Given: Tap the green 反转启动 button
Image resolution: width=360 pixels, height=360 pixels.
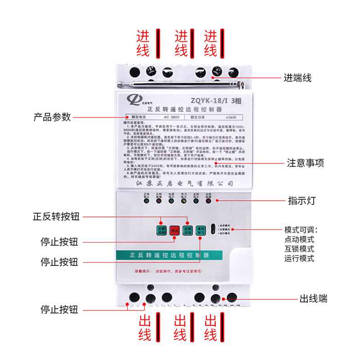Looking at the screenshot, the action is pyautogui.click(x=187, y=230).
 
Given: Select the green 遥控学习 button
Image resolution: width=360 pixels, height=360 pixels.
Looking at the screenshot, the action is pyautogui.click(x=200, y=230).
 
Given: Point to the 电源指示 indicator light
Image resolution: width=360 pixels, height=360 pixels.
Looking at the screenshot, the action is pyautogui.click(x=171, y=201).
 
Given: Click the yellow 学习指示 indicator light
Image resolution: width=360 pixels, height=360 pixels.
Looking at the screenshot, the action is pyautogui.click(x=184, y=201).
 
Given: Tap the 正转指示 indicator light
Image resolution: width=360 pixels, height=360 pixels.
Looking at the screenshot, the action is pyautogui.click(x=146, y=201).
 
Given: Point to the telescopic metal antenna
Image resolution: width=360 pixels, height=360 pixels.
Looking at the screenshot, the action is pyautogui.click(x=180, y=83).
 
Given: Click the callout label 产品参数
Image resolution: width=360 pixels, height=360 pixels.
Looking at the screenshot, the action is pyautogui.click(x=52, y=117).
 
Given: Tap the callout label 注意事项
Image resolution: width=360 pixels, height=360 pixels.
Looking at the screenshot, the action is pyautogui.click(x=306, y=163).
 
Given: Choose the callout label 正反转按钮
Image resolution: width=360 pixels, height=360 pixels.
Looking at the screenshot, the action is pyautogui.click(x=56, y=216).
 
